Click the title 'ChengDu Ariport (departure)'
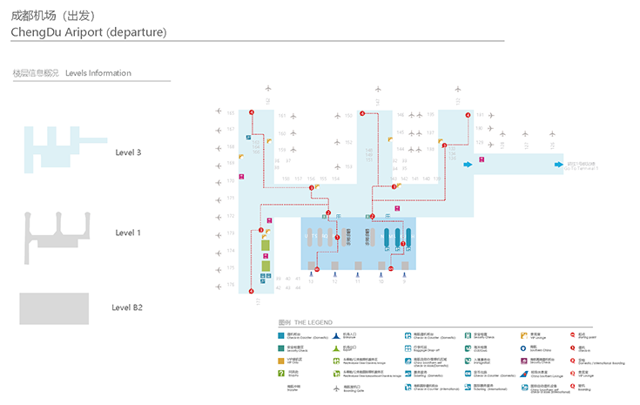88,32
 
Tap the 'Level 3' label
128,152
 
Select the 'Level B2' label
127,307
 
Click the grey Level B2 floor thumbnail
54,308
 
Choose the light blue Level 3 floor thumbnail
57,148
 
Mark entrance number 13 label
311,282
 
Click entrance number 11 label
357,282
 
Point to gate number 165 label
231,112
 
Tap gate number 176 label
231,284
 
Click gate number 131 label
479,115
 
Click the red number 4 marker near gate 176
251,292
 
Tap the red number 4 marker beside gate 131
468,115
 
